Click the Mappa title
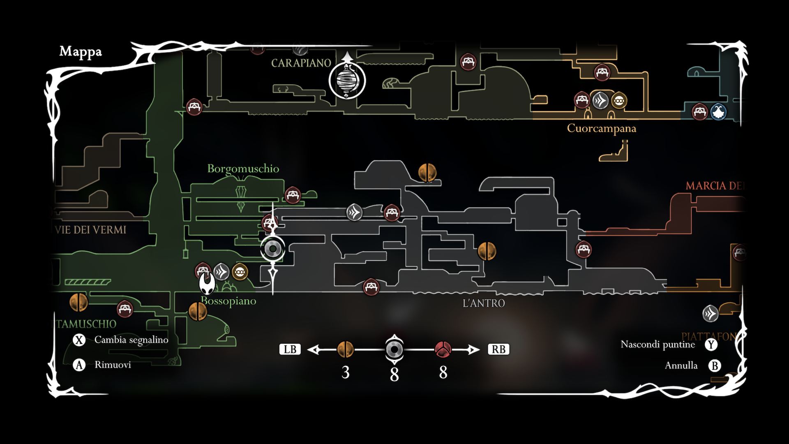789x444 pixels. [x=81, y=52]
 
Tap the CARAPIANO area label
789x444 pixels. [x=301, y=63]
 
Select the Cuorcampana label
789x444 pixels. [x=601, y=128]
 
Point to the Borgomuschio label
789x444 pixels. [x=243, y=169]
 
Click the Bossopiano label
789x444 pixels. [x=228, y=301]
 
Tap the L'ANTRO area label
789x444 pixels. [x=484, y=303]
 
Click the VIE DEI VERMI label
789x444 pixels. [x=90, y=230]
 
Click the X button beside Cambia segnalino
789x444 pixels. [x=79, y=340]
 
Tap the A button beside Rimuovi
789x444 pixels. [x=79, y=365]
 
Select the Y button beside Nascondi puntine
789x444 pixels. [x=711, y=345]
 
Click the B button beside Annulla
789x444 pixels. [x=715, y=365]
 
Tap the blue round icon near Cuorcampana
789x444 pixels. [x=718, y=111]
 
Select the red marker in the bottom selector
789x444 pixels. [x=443, y=349]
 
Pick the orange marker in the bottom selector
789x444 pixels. [x=345, y=349]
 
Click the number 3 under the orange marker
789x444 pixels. [x=345, y=372]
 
